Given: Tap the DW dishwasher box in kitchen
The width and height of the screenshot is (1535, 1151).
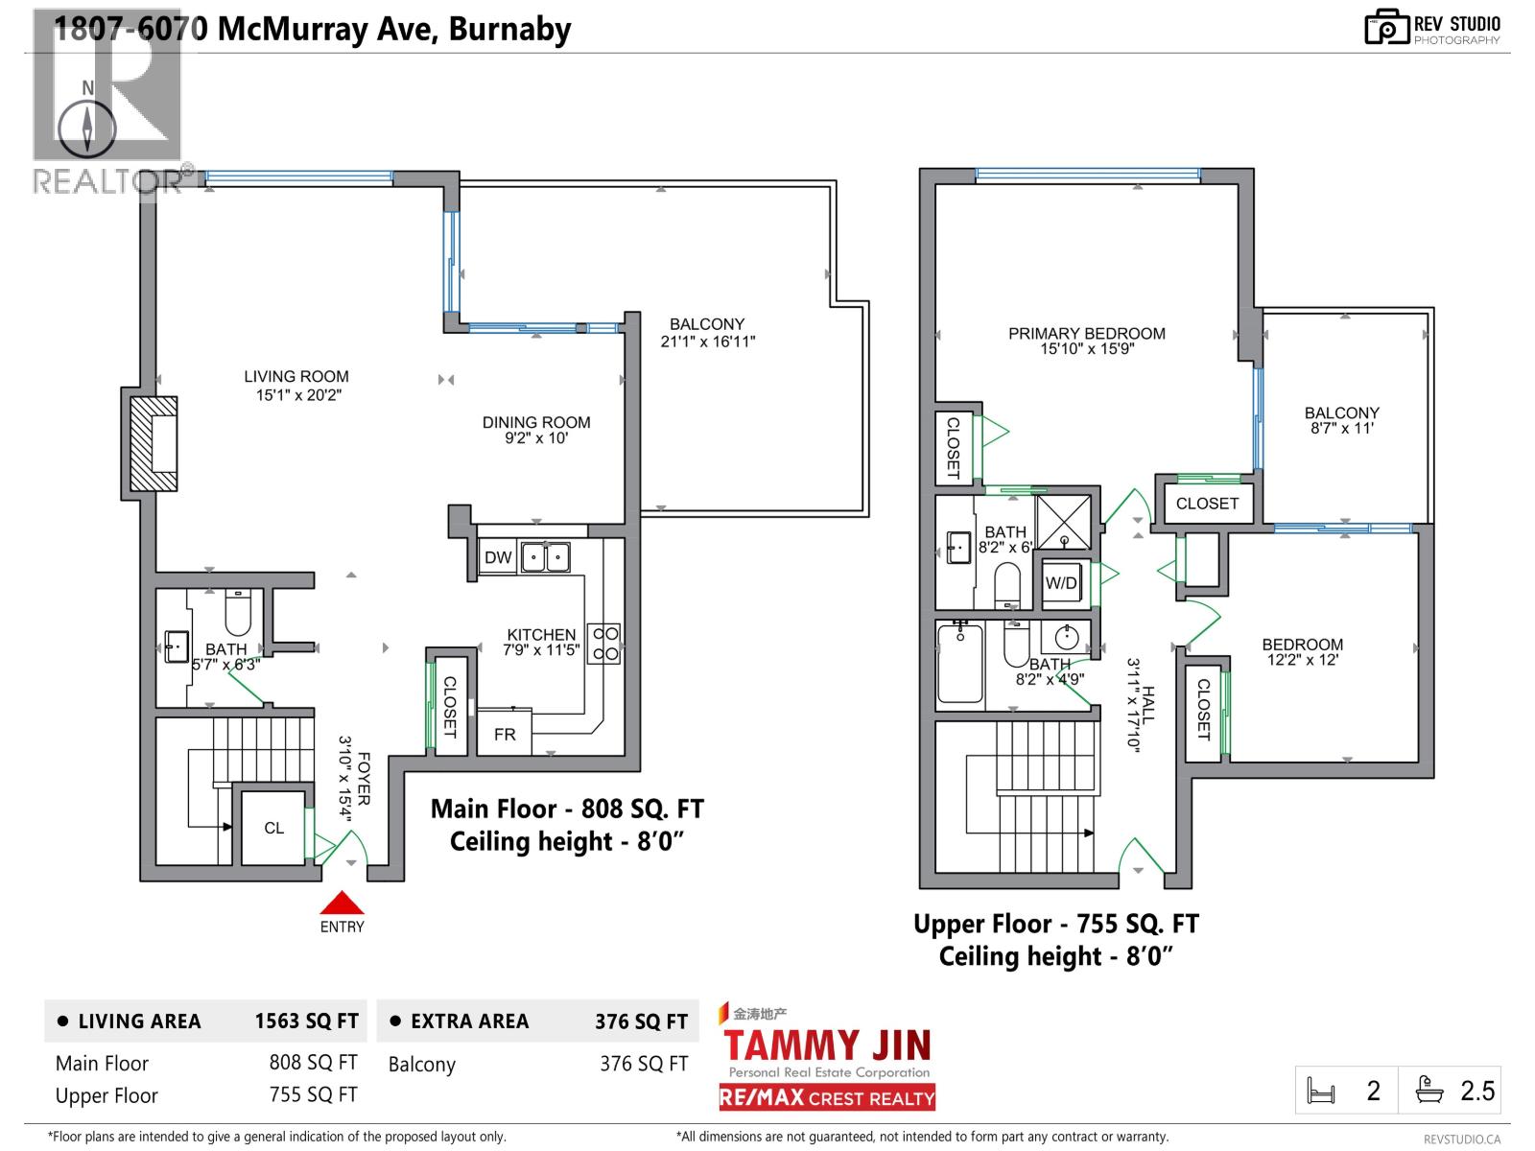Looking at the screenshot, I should [x=498, y=557].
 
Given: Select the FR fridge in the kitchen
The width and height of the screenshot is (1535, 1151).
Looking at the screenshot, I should [x=505, y=734].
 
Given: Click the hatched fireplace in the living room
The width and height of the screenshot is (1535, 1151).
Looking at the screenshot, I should [x=153, y=444].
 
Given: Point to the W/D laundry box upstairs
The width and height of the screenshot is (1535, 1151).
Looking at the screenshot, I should [x=1061, y=583].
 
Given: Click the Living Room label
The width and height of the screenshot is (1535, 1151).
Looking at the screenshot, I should [x=295, y=377].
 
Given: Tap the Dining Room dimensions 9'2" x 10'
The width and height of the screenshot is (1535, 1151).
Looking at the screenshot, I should [x=536, y=438].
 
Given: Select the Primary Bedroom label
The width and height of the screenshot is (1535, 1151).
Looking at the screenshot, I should [x=1086, y=334].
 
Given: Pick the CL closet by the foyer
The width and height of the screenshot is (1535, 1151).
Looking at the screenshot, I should [x=273, y=828].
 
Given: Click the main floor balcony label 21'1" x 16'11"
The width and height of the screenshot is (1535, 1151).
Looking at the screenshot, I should [x=707, y=341].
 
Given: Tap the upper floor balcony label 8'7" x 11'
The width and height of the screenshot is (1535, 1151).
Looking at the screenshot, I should [x=1341, y=428].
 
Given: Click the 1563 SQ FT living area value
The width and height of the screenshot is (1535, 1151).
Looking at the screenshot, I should [x=306, y=1022].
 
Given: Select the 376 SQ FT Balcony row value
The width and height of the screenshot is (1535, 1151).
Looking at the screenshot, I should [x=644, y=1064].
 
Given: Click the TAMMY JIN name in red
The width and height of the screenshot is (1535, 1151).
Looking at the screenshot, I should [x=826, y=1045].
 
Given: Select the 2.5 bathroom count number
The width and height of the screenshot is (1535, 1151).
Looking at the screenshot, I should [x=1477, y=1091].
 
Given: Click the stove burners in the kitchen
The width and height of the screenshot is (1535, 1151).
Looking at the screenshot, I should [x=604, y=644].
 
